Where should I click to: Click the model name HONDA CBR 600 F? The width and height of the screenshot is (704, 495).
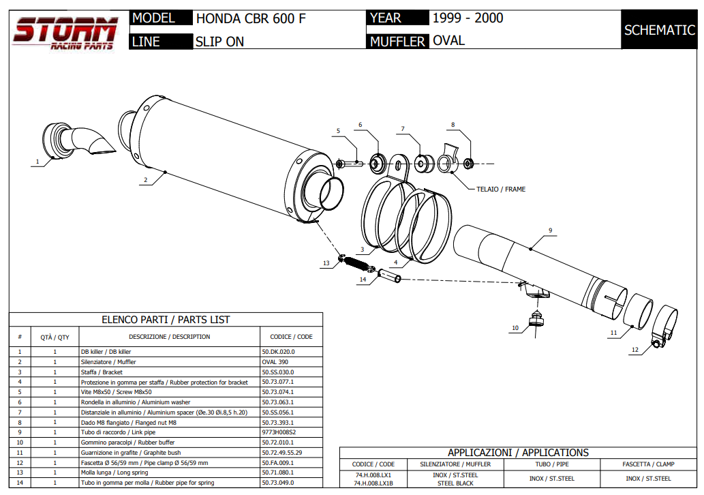click(250, 18)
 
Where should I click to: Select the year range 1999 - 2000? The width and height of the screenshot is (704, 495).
click(468, 18)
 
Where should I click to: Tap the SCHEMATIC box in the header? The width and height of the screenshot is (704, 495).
click(659, 30)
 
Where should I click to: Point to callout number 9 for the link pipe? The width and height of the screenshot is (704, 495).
click(549, 230)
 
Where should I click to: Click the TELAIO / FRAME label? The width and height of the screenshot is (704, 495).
click(500, 189)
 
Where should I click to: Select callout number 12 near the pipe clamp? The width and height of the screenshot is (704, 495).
click(634, 350)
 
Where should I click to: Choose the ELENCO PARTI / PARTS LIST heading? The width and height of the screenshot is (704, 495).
click(166, 319)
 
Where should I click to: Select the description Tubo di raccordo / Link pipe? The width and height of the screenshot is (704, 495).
click(118, 432)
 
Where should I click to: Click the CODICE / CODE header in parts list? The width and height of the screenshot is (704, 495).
click(291, 337)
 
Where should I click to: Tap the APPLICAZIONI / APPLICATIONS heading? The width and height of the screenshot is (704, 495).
click(518, 453)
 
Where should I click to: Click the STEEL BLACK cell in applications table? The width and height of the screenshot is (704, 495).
click(455, 483)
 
